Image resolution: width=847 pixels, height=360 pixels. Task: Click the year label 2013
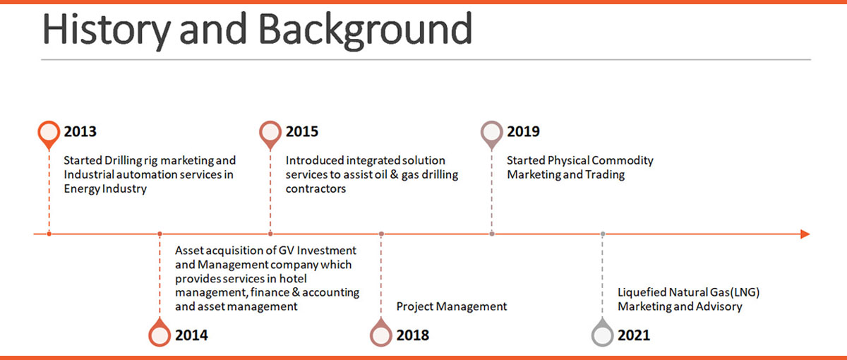click(x=80, y=132)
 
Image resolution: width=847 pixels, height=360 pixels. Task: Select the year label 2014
click(x=191, y=335)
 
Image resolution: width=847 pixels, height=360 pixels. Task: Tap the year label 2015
click(x=301, y=132)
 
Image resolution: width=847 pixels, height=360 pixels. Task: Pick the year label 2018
click(x=412, y=335)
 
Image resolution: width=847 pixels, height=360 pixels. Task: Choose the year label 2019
click(x=523, y=132)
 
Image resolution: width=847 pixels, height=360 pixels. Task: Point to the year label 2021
click(x=633, y=335)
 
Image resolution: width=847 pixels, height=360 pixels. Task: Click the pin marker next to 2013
click(x=49, y=133)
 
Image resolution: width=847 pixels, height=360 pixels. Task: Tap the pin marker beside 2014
click(x=160, y=335)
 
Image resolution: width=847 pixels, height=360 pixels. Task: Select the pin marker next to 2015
click(x=270, y=133)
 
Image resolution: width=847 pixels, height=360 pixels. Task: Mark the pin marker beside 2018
click(x=381, y=335)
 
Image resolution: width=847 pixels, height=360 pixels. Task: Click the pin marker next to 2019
click(x=492, y=133)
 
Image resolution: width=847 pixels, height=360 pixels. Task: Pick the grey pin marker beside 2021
click(x=602, y=335)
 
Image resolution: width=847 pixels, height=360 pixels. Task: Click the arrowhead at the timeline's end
click(x=805, y=234)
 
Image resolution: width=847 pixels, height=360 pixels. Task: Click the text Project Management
click(x=451, y=306)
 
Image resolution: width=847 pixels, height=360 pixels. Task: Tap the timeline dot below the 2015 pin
click(x=270, y=234)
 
